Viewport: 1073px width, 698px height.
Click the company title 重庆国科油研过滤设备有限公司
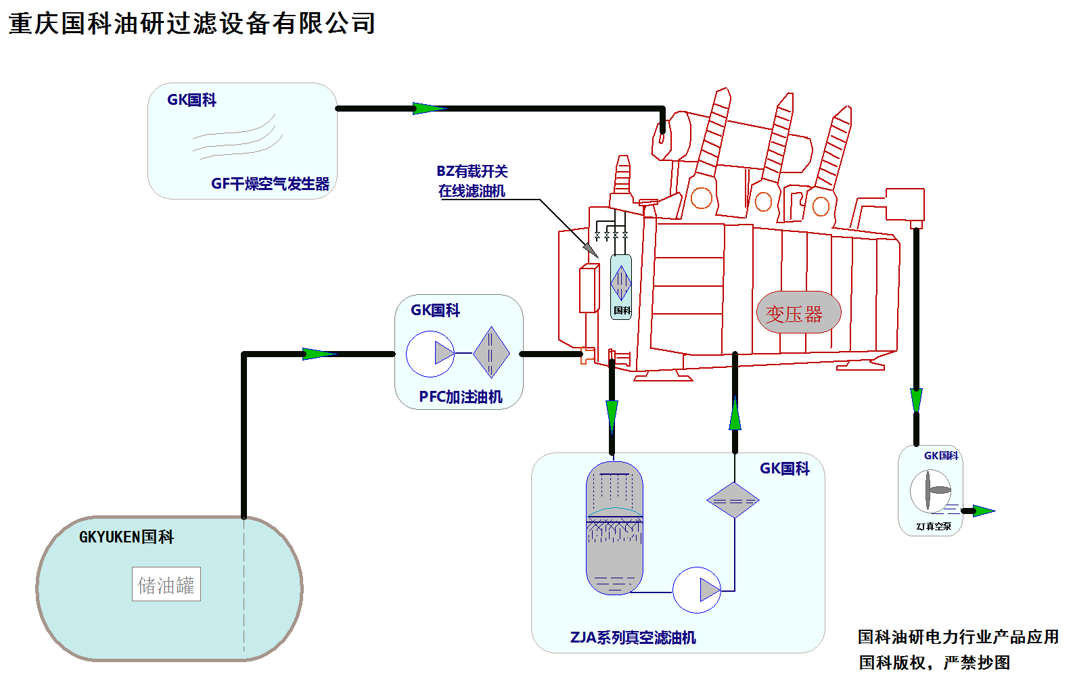191,24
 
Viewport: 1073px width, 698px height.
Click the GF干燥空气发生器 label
270,184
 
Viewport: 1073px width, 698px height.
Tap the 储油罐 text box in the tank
166,584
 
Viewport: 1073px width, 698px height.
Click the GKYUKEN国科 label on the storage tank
127,537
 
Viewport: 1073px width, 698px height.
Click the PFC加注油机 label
460,397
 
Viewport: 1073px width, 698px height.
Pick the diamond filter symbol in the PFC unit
491,352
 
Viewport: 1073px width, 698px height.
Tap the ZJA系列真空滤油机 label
633,638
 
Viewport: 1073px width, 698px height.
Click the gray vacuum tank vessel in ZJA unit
614,528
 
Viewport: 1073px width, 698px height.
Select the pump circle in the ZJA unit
697,590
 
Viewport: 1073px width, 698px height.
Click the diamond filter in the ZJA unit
733,501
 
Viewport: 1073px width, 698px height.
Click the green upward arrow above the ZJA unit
735,414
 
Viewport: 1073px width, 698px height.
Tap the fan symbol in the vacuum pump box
930,491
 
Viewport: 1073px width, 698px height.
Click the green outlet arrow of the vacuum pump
983,511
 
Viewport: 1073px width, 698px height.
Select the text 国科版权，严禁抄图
934,663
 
